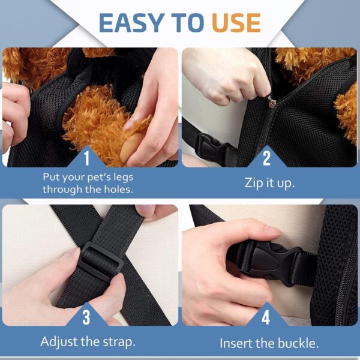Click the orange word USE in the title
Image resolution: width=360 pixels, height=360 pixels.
[236, 23]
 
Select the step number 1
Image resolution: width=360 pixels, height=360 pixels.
[86, 158]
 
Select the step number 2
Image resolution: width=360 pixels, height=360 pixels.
[266, 158]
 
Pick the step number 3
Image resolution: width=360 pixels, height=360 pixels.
[86, 316]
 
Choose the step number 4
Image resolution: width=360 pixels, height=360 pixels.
[266, 316]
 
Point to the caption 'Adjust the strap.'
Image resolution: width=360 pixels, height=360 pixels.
[88, 342]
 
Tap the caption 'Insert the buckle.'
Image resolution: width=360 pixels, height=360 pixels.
[269, 343]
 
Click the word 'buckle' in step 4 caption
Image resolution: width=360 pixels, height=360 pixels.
[298, 343]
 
